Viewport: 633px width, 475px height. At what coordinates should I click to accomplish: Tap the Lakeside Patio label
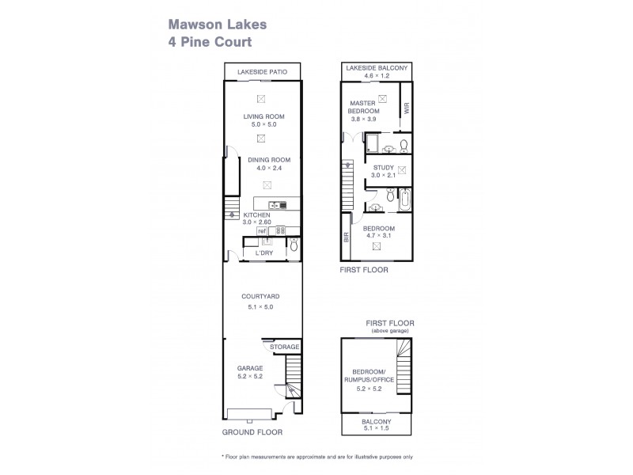tap(262, 73)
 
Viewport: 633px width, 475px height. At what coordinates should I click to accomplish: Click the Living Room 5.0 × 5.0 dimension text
tap(263, 124)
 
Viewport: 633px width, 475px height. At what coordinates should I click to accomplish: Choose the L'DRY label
tap(263, 253)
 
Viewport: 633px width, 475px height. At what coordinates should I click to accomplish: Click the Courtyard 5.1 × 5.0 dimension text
tap(261, 306)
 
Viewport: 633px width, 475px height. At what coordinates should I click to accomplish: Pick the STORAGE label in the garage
tap(285, 347)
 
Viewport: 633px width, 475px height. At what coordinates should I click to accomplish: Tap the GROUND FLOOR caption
tap(251, 433)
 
